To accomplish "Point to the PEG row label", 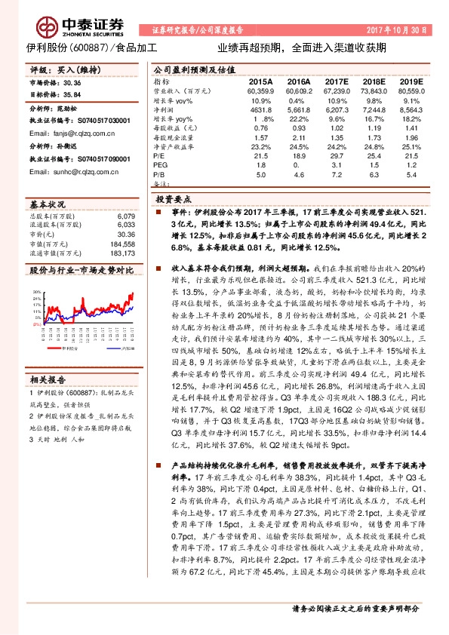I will point(161,164).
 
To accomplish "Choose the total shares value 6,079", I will point(125,217).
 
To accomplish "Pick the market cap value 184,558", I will point(121,244).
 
